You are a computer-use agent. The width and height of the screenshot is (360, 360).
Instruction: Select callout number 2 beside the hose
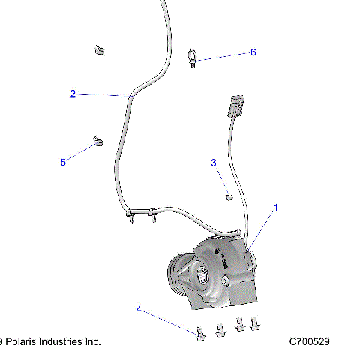pyautogui.click(x=73, y=94)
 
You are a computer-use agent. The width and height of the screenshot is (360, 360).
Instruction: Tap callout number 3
pyautogui.click(x=214, y=162)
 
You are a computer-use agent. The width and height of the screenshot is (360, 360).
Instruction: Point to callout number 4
pyautogui.click(x=138, y=308)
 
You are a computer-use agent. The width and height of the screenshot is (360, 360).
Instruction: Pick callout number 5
pyautogui.click(x=63, y=161)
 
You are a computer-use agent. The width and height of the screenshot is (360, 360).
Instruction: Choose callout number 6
pyautogui.click(x=253, y=52)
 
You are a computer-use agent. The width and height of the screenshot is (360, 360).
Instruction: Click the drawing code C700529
pyautogui.click(x=316, y=341)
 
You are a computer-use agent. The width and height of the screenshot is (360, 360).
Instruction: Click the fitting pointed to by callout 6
pyautogui.click(x=193, y=56)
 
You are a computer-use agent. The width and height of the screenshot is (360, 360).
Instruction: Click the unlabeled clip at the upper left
pyautogui.click(x=97, y=51)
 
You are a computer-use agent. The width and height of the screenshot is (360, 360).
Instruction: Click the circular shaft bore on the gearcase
pyautogui.click(x=203, y=277)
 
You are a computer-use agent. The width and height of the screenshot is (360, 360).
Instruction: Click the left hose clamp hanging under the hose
pyautogui.click(x=133, y=217)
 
